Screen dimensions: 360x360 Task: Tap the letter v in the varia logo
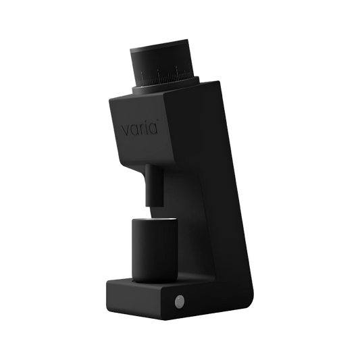click(x=126, y=130)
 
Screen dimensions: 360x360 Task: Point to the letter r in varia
click(x=143, y=129)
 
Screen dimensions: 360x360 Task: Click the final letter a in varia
click(x=154, y=128)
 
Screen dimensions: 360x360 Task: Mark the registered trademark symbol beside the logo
click(x=157, y=120)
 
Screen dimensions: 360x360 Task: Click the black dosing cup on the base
click(x=154, y=251)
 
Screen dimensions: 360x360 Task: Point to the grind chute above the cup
click(x=154, y=185)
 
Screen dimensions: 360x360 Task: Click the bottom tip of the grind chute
click(x=154, y=206)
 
